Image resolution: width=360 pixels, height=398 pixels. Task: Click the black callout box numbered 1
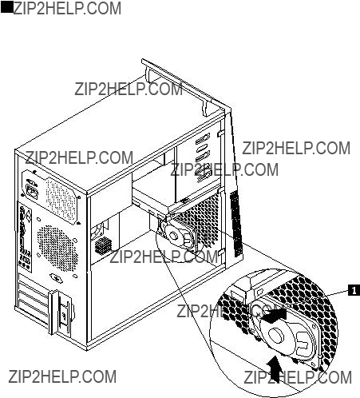click(x=354, y=290)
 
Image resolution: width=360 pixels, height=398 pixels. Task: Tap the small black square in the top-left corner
click(x=6, y=8)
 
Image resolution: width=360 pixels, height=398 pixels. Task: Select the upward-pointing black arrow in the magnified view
click(x=273, y=369)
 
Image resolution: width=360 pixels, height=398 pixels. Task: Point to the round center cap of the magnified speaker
click(x=276, y=335)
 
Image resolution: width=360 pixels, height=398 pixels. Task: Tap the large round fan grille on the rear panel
click(x=57, y=248)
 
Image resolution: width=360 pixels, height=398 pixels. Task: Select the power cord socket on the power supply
click(x=31, y=190)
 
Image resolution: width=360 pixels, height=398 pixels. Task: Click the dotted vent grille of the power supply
click(x=61, y=199)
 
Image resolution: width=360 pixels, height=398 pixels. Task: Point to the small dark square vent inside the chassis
click(x=103, y=245)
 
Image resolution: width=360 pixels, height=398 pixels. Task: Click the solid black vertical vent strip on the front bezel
click(x=236, y=223)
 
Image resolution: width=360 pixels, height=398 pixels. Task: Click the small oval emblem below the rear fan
click(x=57, y=278)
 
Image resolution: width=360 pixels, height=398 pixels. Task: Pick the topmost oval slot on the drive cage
click(x=203, y=139)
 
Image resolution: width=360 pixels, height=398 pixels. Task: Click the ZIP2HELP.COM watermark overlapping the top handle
click(x=129, y=90)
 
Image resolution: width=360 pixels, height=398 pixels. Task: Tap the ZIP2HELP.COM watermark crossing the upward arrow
click(x=298, y=377)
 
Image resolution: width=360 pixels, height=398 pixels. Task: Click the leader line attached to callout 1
click(x=338, y=293)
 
